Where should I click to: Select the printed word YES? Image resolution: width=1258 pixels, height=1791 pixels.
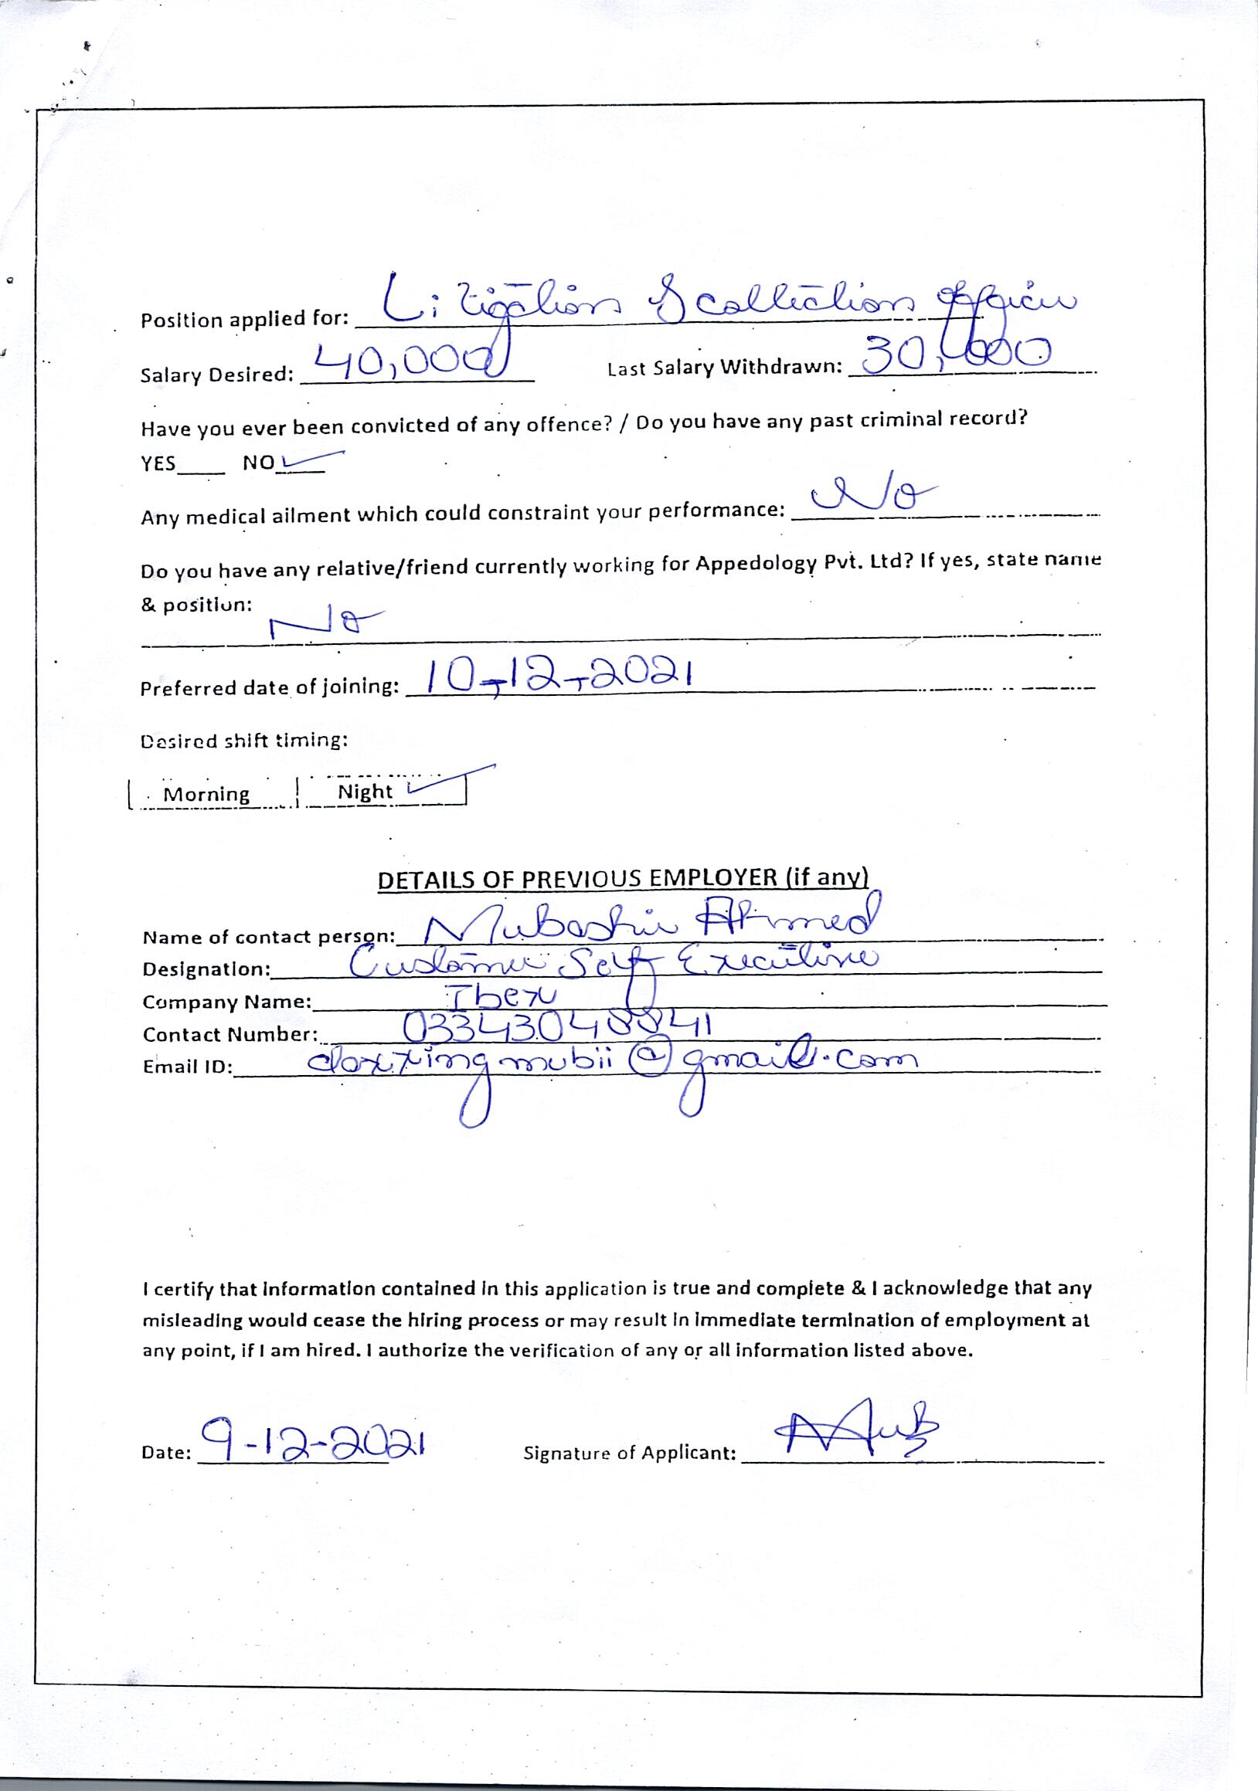[x=158, y=463]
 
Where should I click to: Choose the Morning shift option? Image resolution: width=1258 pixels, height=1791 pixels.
[x=207, y=794]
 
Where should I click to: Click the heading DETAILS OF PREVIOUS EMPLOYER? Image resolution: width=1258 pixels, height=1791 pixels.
[x=622, y=878]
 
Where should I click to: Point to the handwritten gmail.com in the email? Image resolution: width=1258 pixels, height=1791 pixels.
[x=796, y=1063]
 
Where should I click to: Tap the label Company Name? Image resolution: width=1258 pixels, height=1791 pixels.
[x=227, y=1002]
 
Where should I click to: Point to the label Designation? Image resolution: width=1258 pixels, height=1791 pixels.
[x=207, y=969]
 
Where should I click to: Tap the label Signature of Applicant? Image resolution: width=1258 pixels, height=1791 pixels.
[x=630, y=1453]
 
